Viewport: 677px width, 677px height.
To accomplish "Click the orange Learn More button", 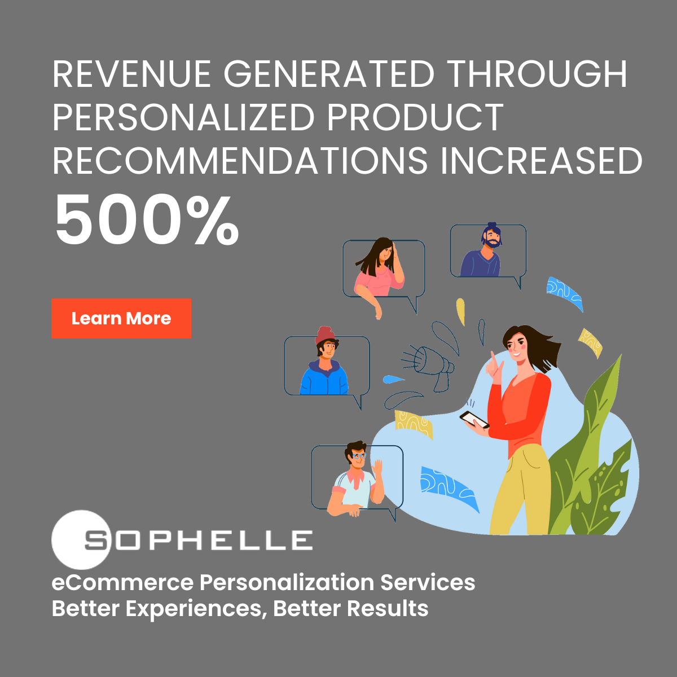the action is point(121,318).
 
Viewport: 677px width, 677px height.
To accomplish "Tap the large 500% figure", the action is point(147,219).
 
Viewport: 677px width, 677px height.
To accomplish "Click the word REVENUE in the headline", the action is point(132,74).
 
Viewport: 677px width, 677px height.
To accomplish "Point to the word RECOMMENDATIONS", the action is point(240,160).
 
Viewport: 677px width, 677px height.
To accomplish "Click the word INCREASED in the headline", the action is point(542,160).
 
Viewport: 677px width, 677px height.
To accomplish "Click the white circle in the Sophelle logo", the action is point(81,540).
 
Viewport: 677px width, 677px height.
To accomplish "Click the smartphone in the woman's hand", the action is point(474,420).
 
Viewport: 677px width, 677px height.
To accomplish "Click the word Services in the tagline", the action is point(428,582).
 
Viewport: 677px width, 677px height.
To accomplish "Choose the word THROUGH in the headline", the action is point(538,74).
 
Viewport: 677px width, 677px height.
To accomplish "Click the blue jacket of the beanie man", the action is point(324,378).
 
